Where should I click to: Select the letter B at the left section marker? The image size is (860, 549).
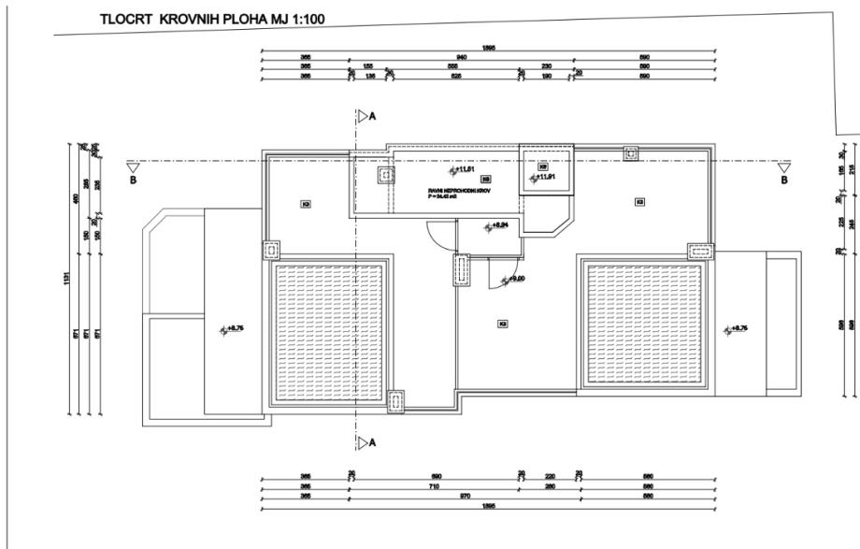[134, 181]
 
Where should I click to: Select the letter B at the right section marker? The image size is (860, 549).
[785, 181]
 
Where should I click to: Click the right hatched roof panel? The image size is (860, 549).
[640, 325]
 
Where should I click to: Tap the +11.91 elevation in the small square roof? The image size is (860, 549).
[545, 178]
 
